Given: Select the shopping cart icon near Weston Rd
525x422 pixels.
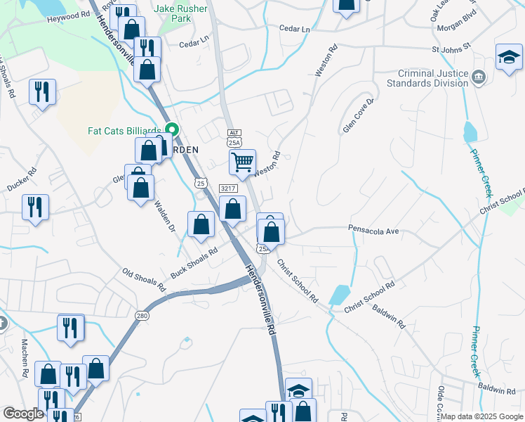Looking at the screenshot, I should coord(242,162).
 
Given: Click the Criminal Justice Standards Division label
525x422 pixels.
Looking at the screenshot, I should coord(427,77).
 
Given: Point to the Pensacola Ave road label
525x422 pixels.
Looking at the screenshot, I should coord(373,230).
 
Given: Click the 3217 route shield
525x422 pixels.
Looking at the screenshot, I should coord(227,188).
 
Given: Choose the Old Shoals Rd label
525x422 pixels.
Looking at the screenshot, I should coord(143,279).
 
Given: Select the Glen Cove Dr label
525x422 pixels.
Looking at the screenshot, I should coord(359,114).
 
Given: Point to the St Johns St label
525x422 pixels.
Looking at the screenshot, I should coord(451,50).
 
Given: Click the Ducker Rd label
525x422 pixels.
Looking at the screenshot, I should coord(22,181).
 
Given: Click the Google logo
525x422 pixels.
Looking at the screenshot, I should coord(23,414).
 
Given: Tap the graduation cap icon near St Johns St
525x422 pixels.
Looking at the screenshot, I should coord(509,57).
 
